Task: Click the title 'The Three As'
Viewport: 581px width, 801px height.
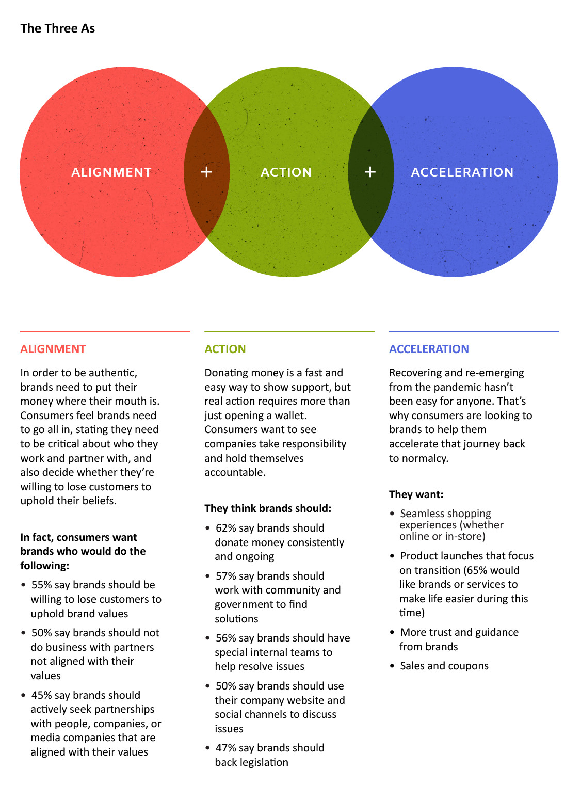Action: pyautogui.click(x=58, y=28)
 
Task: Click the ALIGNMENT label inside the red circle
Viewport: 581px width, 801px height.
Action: pyautogui.click(x=111, y=172)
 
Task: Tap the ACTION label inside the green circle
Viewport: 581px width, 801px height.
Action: pyautogui.click(x=286, y=172)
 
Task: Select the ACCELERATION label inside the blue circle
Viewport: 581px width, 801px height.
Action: pyautogui.click(x=462, y=172)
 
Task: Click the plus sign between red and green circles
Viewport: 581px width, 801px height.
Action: pyautogui.click(x=206, y=172)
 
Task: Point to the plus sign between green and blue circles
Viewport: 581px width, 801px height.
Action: pyautogui.click(x=370, y=172)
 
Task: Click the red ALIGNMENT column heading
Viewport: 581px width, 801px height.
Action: pyautogui.click(x=53, y=349)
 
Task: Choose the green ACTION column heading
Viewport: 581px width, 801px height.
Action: pyautogui.click(x=225, y=349)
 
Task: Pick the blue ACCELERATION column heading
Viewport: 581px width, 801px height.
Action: pyautogui.click(x=429, y=349)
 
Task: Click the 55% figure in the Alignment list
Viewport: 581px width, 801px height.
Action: pyautogui.click(x=41, y=585)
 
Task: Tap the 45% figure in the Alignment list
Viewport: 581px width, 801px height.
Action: pyautogui.click(x=41, y=696)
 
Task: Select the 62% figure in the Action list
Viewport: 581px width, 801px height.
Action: pyautogui.click(x=225, y=528)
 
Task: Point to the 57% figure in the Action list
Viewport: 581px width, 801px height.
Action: pyautogui.click(x=225, y=576)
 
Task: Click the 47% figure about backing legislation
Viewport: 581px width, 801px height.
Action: pyautogui.click(x=225, y=748)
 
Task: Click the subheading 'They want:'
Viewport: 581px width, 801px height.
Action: pyautogui.click(x=416, y=494)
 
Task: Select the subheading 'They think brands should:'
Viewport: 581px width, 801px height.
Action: pyautogui.click(x=268, y=508)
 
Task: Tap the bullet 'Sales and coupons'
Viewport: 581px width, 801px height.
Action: pyautogui.click(x=444, y=666)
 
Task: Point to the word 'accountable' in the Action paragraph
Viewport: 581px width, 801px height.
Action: pyautogui.click(x=234, y=472)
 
